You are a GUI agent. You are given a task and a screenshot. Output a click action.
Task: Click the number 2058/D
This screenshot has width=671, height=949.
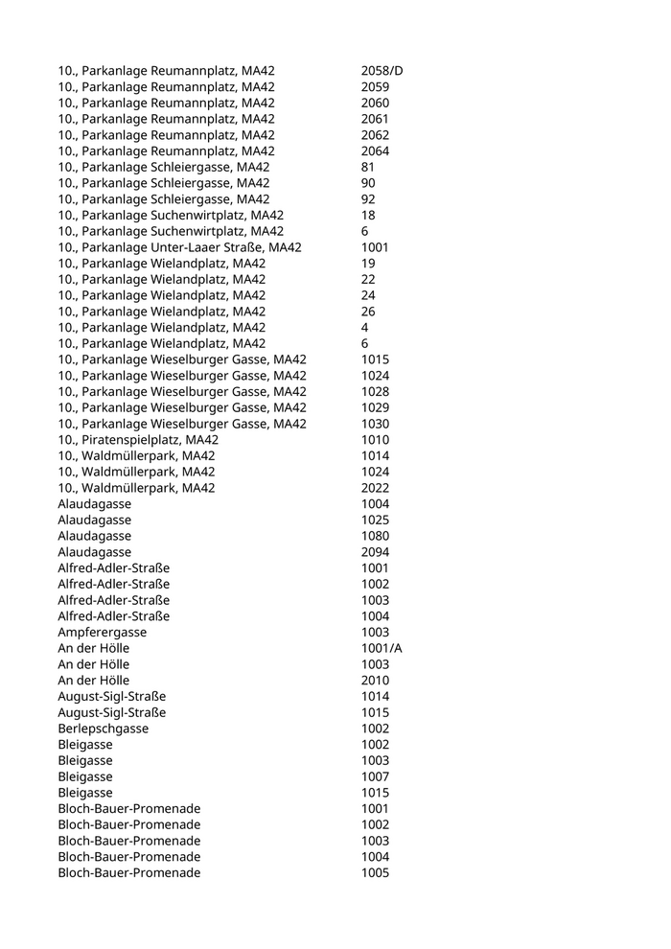tap(382, 71)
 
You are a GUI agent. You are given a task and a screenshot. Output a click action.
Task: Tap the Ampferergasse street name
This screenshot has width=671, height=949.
tap(102, 633)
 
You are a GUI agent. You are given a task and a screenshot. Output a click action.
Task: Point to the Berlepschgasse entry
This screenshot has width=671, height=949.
tap(103, 729)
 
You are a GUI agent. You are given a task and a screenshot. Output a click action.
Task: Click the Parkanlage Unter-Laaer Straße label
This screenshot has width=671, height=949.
tap(179, 247)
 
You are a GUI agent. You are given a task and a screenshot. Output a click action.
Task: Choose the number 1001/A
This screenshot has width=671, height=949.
tap(382, 648)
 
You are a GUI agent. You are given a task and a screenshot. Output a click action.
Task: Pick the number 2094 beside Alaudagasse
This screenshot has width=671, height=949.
tap(375, 552)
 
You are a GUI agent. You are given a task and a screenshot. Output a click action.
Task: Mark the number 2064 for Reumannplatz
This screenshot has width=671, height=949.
tap(375, 151)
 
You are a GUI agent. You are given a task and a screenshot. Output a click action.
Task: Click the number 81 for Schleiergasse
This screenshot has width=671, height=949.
tap(368, 167)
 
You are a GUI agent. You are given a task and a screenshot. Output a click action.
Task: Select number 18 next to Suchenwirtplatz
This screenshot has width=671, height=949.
tap(368, 215)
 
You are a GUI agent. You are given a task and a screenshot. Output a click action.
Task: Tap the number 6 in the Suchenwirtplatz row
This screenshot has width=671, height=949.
tap(364, 231)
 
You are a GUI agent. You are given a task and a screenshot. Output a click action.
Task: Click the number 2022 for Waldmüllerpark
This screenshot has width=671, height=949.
tap(375, 488)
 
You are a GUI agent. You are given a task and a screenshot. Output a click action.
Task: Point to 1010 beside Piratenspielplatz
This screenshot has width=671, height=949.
tap(375, 440)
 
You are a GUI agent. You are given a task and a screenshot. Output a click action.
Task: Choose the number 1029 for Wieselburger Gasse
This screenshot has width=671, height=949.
tap(375, 407)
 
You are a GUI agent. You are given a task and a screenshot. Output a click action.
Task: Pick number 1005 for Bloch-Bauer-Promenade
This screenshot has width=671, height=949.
tap(375, 873)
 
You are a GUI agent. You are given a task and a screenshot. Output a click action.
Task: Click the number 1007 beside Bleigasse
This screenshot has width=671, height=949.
tap(375, 776)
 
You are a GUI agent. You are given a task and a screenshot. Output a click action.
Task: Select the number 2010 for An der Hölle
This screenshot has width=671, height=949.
tap(375, 681)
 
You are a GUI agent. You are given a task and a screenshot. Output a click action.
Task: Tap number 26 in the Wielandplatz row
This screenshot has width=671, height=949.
tap(368, 312)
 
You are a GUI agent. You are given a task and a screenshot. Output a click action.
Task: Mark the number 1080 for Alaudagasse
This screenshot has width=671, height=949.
tap(375, 536)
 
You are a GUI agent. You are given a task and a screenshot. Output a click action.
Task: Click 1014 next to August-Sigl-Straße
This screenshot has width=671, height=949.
tap(375, 696)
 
